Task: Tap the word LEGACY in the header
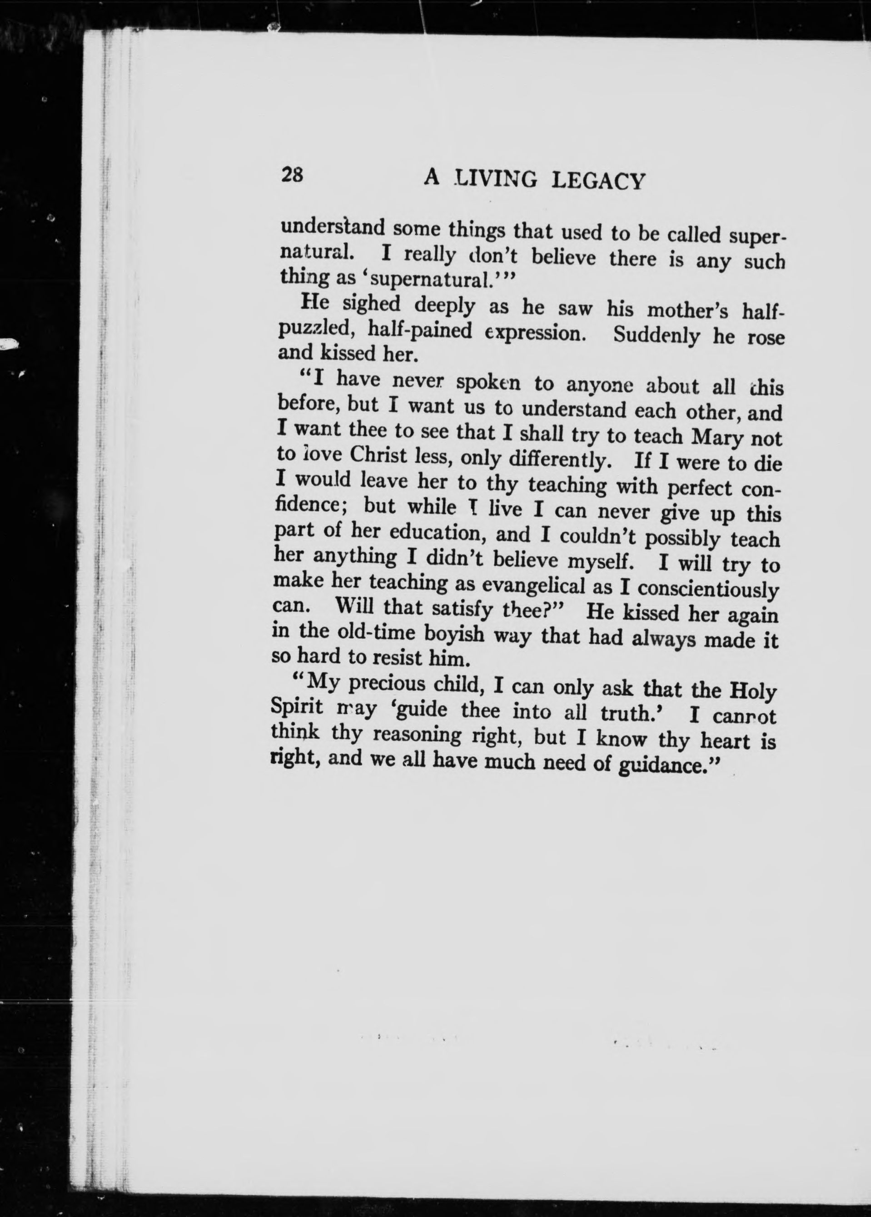click(597, 182)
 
